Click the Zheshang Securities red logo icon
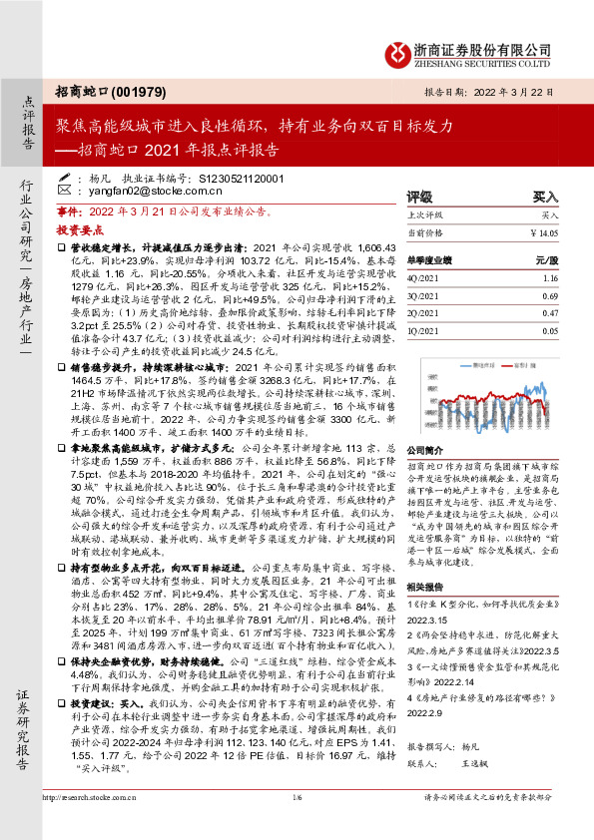(x=397, y=49)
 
